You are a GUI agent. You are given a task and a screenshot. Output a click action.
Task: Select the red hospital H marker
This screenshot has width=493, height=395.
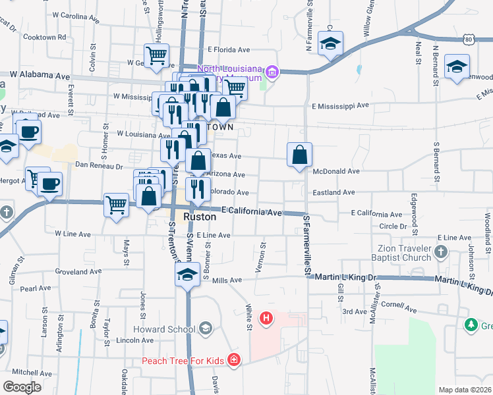click(x=266, y=319)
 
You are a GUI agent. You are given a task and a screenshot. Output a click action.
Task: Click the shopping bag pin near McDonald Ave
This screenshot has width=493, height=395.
click(x=299, y=155)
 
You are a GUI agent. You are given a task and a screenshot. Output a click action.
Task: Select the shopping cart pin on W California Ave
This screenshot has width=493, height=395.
click(x=116, y=205)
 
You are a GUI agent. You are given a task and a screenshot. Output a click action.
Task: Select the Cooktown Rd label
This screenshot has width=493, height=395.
click(x=45, y=37)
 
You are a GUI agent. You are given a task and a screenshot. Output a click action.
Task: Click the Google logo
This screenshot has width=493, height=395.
click(x=21, y=387)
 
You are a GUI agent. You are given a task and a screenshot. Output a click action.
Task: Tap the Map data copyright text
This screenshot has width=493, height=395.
click(x=465, y=390)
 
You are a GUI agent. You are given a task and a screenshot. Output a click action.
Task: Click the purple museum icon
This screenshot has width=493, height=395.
click(x=272, y=71)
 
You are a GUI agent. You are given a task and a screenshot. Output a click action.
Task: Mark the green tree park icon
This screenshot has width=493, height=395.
click(x=471, y=325)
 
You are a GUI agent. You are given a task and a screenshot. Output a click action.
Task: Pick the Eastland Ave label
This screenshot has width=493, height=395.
click(x=335, y=192)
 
